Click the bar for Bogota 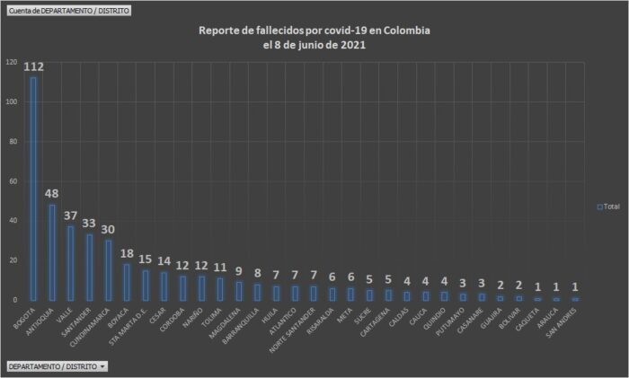[x=33, y=189]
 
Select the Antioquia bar [x=52, y=252]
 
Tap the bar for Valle [x=71, y=263]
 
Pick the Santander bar [x=89, y=267]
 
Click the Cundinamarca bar [x=108, y=269]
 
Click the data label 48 [x=52, y=193]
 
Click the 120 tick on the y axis [x=11, y=62]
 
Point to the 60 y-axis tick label [x=13, y=180]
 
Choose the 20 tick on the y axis [x=13, y=259]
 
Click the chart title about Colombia [x=314, y=37]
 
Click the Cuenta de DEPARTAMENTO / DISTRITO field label [x=68, y=10]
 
